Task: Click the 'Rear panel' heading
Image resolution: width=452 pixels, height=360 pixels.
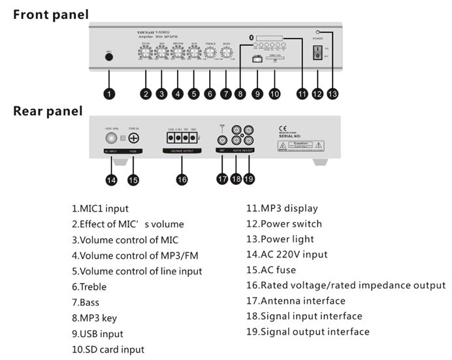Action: [48, 112]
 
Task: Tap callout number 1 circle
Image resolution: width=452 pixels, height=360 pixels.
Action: [109, 94]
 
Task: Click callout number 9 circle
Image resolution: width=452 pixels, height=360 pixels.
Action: [258, 94]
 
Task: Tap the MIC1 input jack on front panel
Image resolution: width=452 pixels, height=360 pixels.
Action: [109, 57]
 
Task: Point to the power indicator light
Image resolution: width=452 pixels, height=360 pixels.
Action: [318, 32]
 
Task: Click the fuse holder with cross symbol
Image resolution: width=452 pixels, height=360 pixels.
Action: [133, 139]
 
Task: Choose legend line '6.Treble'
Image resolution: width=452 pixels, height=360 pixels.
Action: [89, 287]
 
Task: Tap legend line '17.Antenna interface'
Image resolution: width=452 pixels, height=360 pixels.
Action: [296, 301]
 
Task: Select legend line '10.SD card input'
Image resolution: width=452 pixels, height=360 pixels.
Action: [108, 350]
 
